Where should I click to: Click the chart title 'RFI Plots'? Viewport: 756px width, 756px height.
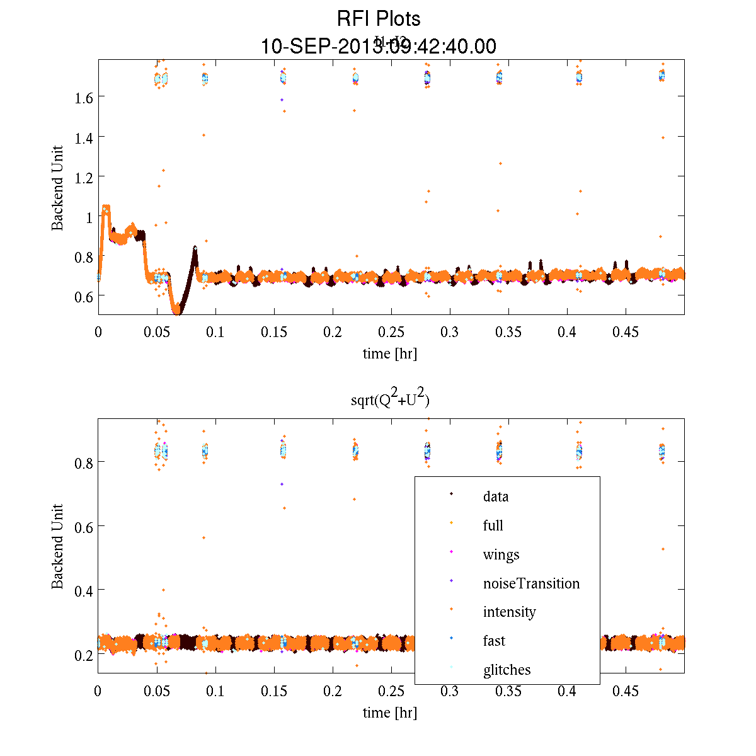click(379, 19)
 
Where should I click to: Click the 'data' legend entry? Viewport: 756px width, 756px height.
click(496, 496)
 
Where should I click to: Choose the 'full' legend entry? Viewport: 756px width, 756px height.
click(493, 525)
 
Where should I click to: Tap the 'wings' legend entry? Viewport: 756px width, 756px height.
click(501, 554)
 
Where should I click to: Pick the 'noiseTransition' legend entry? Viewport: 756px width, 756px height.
click(531, 583)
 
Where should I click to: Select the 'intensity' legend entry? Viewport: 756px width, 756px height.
click(509, 612)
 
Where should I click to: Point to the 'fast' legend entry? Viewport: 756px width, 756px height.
click(494, 641)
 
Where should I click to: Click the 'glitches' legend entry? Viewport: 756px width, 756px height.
click(507, 670)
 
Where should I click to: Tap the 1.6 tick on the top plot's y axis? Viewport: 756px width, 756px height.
click(84, 97)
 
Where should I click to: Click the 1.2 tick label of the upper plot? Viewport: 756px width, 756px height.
click(84, 177)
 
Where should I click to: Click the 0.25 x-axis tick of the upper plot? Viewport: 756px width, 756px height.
click(391, 332)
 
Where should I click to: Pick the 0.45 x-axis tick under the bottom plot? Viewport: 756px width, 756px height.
click(626, 691)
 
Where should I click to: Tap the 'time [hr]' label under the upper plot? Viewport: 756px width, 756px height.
click(390, 353)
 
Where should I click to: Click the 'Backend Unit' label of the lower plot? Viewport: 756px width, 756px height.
click(57, 546)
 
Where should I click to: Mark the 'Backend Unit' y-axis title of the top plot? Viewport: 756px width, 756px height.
click(57, 188)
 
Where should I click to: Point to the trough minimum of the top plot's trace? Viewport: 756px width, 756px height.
click(177, 311)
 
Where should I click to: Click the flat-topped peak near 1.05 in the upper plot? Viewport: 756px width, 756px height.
click(106, 207)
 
